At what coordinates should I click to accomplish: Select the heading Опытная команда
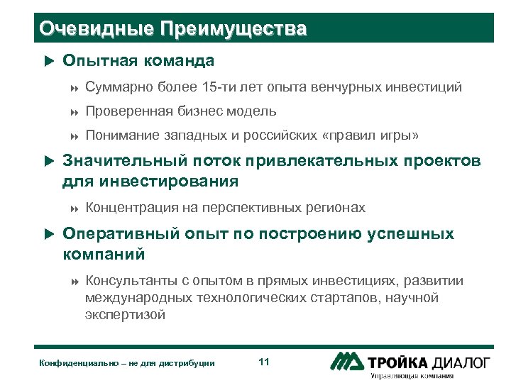pyautogui.click(x=138, y=62)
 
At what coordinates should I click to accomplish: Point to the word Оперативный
pyautogui.click(x=123, y=234)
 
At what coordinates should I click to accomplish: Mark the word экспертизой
pyautogui.click(x=125, y=315)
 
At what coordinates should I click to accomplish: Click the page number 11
pyautogui.click(x=264, y=362)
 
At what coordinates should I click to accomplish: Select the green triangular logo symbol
pyautogui.click(x=348, y=361)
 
